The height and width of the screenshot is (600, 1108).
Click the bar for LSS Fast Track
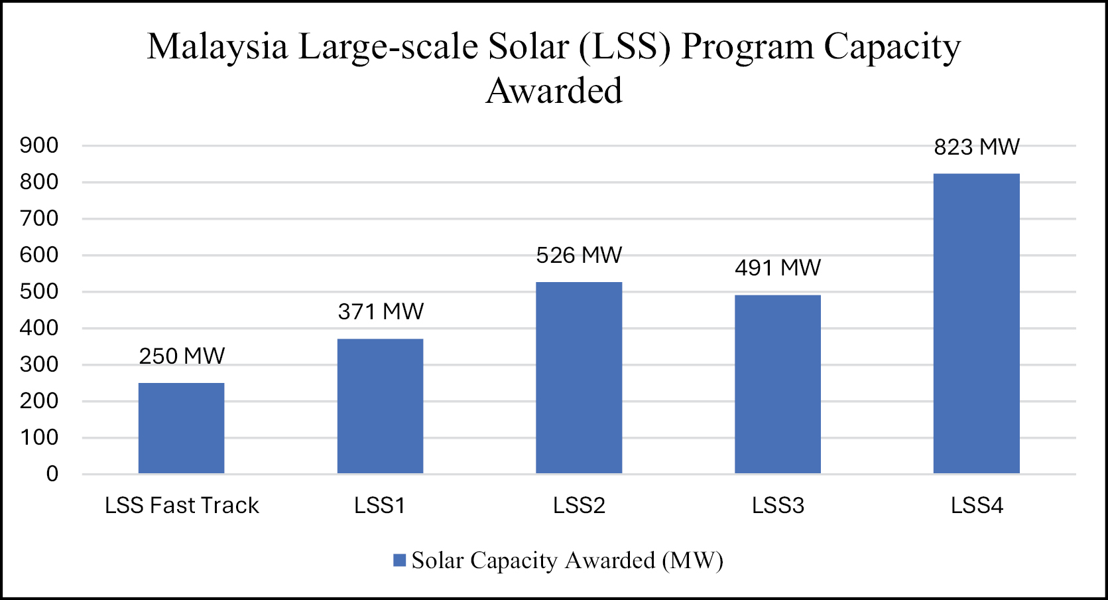click(x=181, y=428)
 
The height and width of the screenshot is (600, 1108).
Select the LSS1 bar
click(x=380, y=406)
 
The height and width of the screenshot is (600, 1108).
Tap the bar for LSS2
click(x=579, y=378)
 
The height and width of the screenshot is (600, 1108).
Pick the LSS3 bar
click(x=777, y=384)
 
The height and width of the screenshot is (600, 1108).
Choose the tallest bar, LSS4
click(x=976, y=323)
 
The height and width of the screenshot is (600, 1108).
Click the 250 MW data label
click(x=182, y=356)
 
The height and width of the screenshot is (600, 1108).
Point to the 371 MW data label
click(x=381, y=312)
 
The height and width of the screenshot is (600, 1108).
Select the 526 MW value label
click(x=579, y=256)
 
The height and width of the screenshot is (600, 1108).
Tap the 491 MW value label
click(x=778, y=268)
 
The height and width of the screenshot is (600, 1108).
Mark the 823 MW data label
click(x=976, y=147)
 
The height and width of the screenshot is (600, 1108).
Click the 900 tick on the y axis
click(x=39, y=145)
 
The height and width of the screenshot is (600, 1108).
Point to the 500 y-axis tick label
click(x=39, y=291)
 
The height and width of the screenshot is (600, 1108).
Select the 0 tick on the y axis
click(x=52, y=474)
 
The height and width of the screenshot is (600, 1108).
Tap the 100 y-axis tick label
click(x=39, y=437)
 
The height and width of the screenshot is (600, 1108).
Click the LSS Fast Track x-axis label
click(x=182, y=506)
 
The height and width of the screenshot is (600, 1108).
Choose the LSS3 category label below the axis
click(x=778, y=506)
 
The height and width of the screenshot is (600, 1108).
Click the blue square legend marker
click(x=399, y=560)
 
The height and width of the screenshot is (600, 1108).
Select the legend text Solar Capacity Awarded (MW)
click(x=567, y=560)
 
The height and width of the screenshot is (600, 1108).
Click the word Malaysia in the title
click(x=217, y=47)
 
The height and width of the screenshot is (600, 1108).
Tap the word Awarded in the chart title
click(x=554, y=91)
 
